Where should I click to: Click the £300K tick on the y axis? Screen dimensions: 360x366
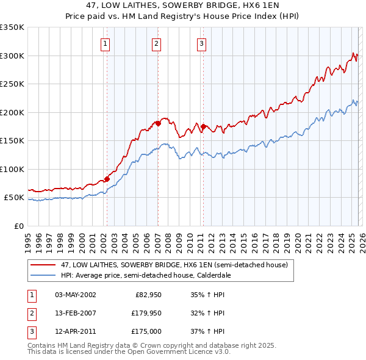click(x=12, y=56)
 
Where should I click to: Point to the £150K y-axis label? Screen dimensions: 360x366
click(x=12, y=141)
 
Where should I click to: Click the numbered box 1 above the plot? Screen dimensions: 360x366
click(x=106, y=43)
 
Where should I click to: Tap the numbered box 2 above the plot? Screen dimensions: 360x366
click(x=156, y=43)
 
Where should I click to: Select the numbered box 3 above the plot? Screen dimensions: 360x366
click(x=201, y=43)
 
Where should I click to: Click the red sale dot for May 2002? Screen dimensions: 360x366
click(x=107, y=179)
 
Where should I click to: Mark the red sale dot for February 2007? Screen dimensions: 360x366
click(x=158, y=123)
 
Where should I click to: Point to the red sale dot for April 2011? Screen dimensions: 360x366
click(x=203, y=126)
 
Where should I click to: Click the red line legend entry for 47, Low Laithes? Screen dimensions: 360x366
click(x=177, y=265)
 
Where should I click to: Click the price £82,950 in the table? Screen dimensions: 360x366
click(x=146, y=295)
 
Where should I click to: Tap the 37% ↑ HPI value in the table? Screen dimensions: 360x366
click(x=207, y=331)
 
